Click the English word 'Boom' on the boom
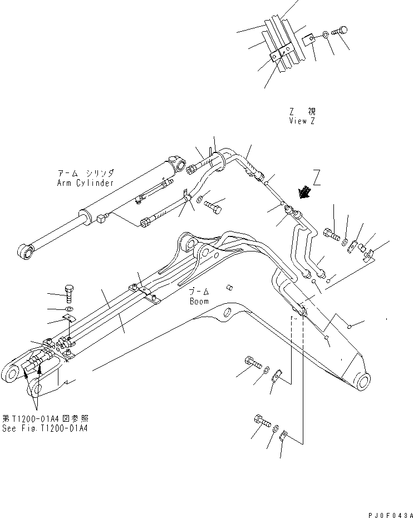click(198, 302)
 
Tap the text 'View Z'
click(302, 121)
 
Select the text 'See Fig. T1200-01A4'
click(45, 428)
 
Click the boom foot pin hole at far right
click(363, 382)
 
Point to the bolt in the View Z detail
click(339, 32)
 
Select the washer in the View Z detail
click(324, 37)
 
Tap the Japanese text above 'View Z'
click(302, 111)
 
